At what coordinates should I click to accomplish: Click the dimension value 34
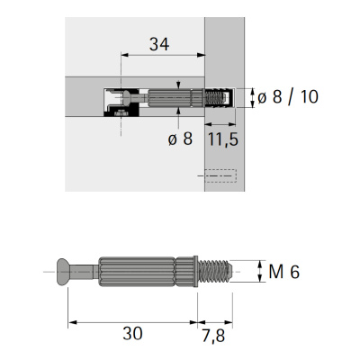coord(159,44)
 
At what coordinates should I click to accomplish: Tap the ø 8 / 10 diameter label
coord(288,97)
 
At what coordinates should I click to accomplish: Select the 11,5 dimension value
coord(223,139)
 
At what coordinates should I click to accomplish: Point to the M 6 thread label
coord(283,272)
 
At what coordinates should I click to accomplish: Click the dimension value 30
coord(132,333)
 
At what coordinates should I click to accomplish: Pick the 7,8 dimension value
coord(213,335)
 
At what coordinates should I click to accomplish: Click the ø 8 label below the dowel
coord(180,139)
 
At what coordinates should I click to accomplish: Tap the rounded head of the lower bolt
coord(62,272)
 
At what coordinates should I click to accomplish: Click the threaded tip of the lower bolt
coord(216,272)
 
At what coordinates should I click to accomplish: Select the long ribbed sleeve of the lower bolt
coord(137,272)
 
